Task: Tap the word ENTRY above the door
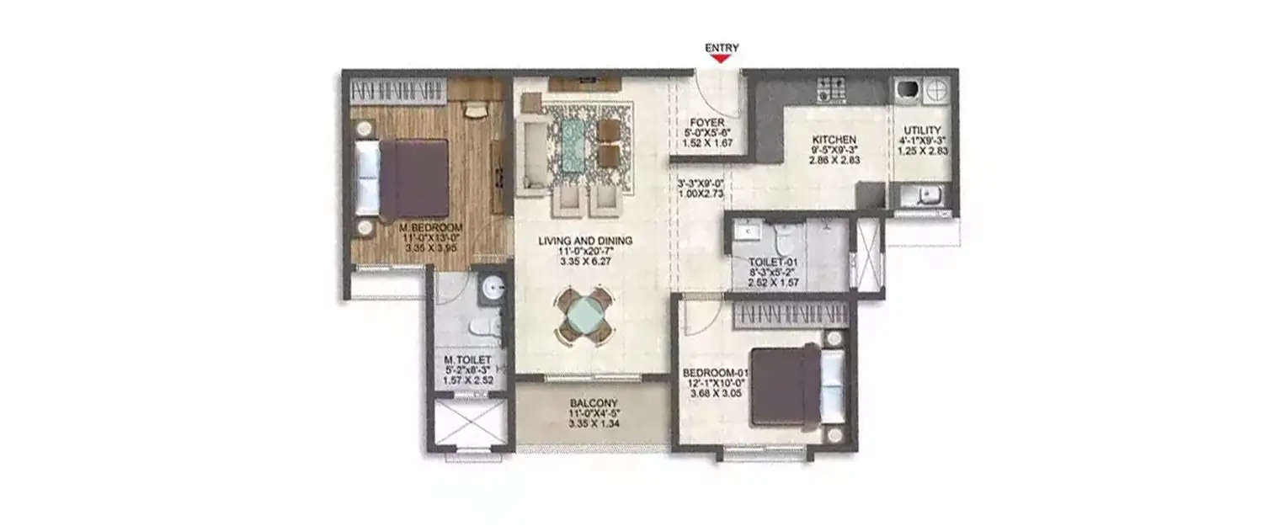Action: click(722, 48)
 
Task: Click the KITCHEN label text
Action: click(834, 140)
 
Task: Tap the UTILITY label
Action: click(922, 130)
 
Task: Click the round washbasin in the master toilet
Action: click(491, 287)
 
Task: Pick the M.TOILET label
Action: click(467, 361)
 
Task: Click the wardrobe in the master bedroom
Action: click(397, 88)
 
